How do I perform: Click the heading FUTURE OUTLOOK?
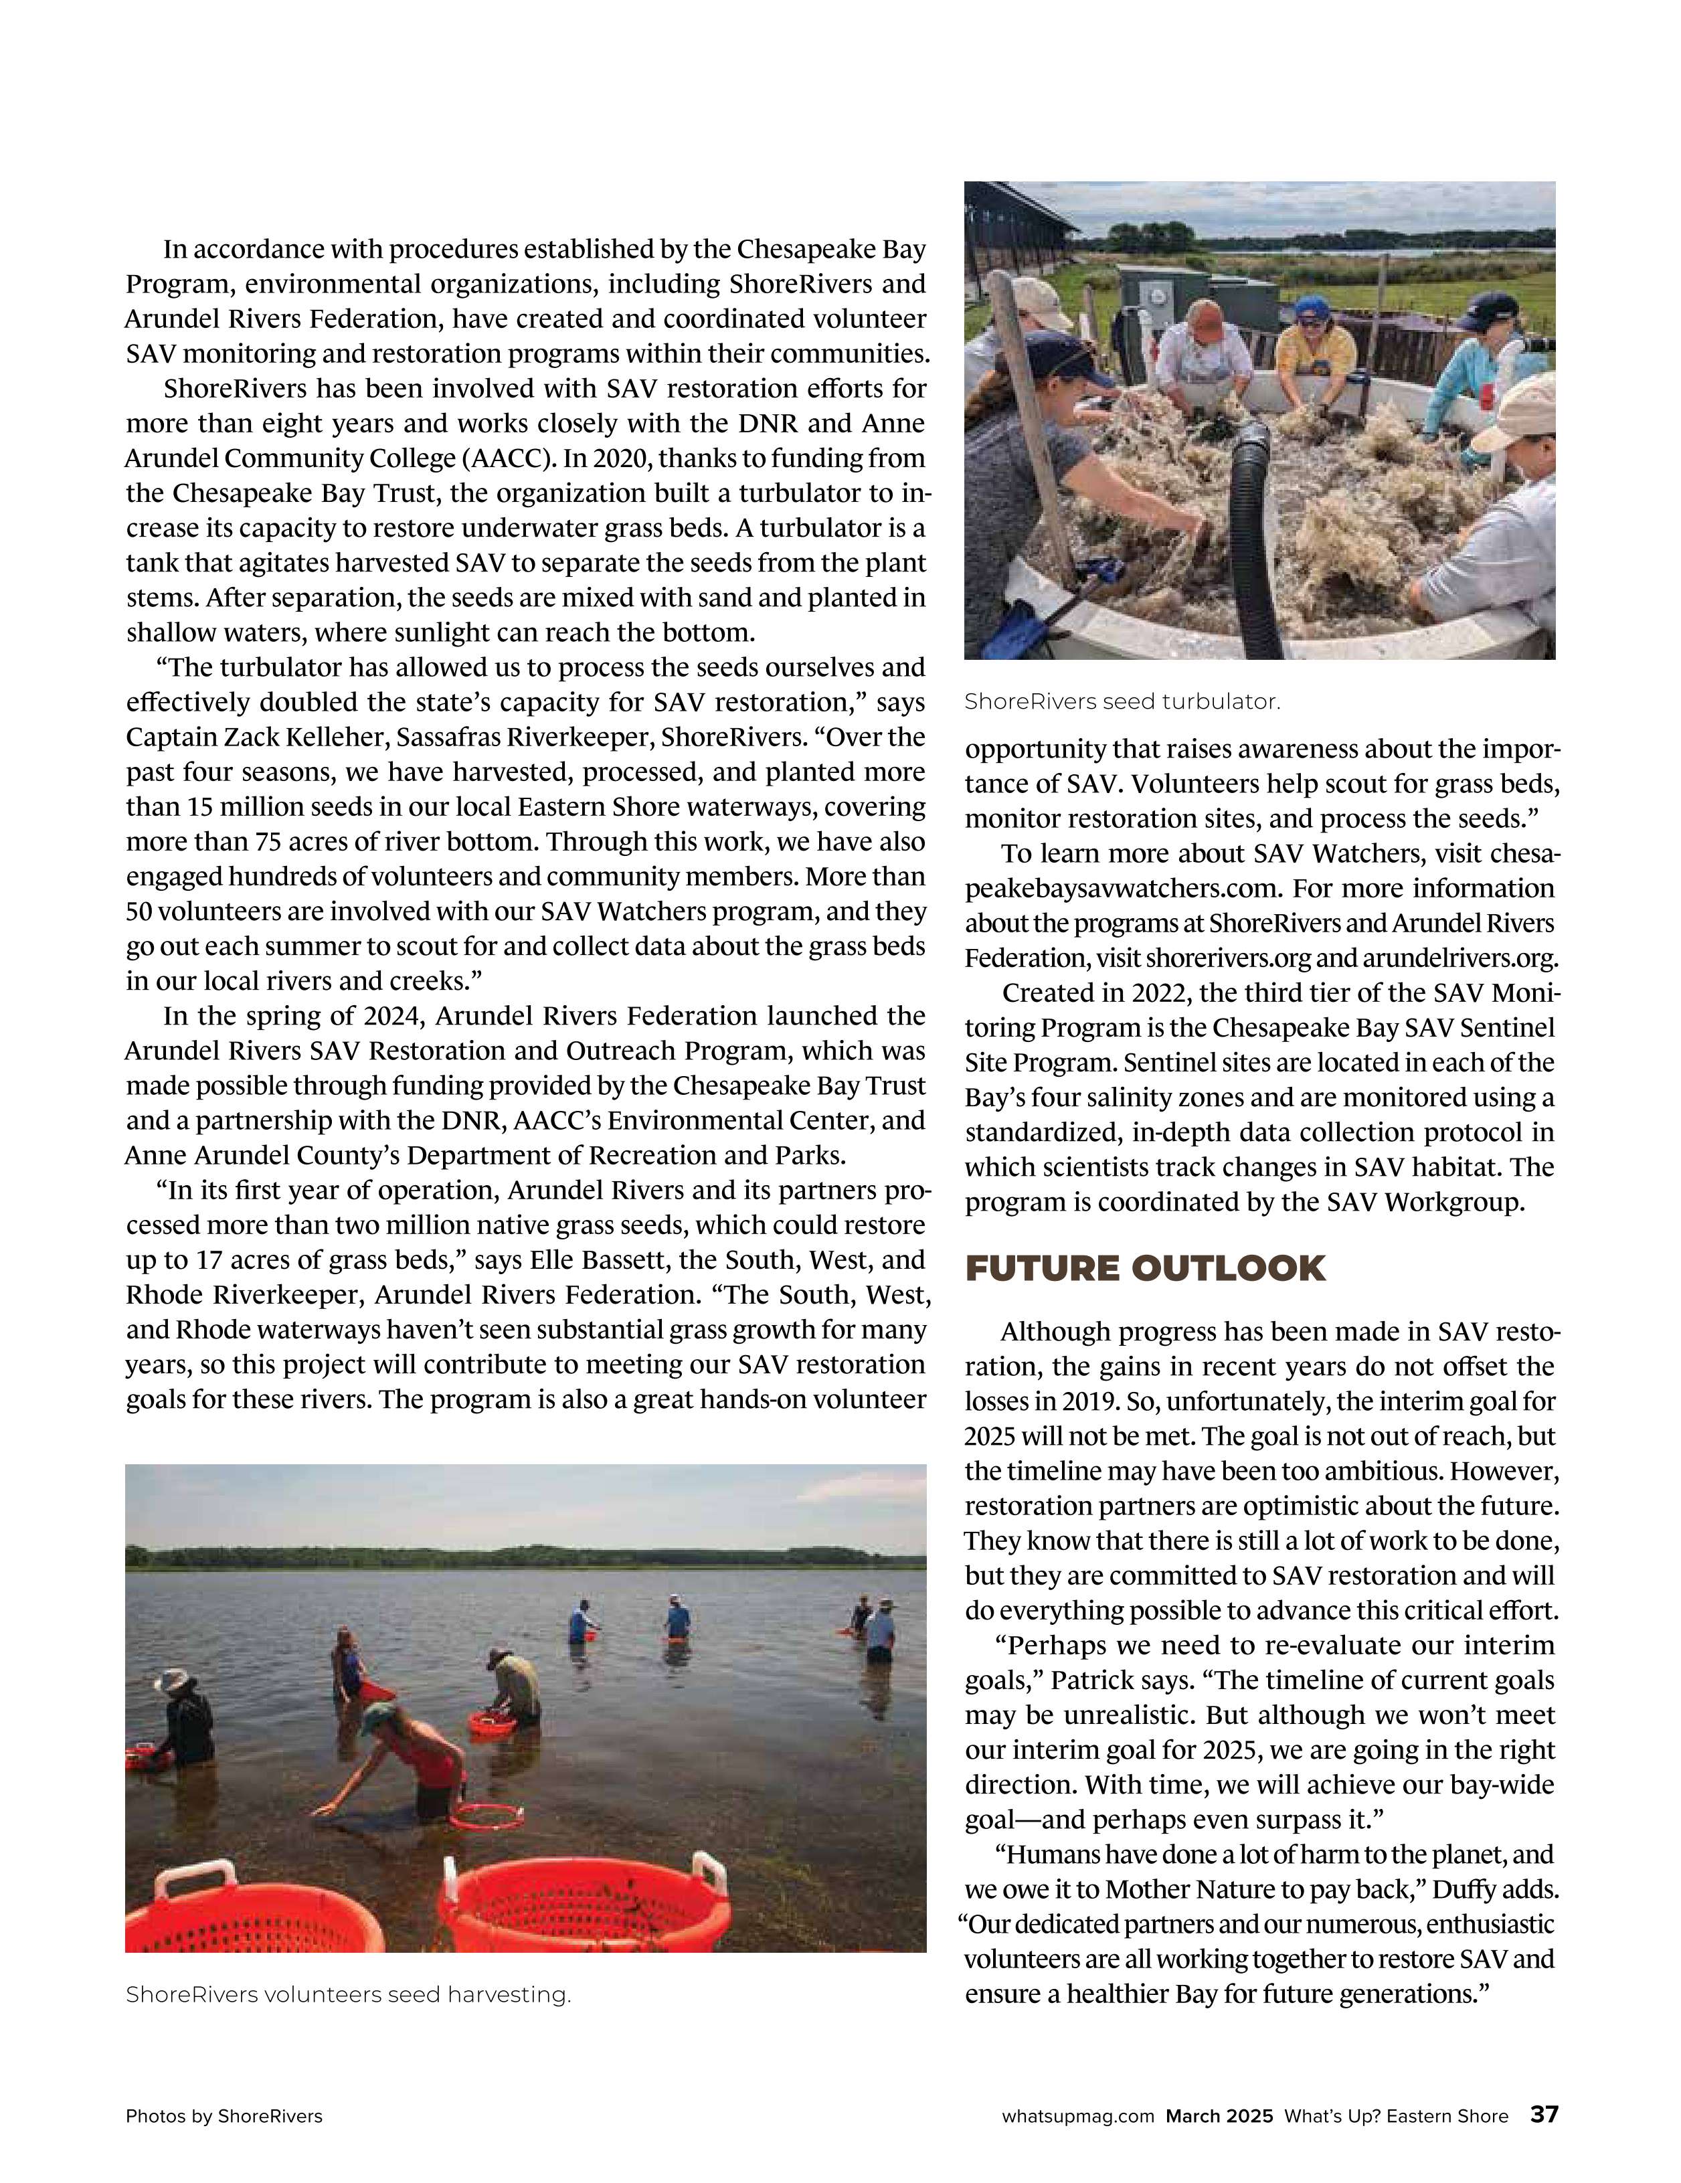(x=1144, y=1268)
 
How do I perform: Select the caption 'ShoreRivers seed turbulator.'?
(x=1122, y=701)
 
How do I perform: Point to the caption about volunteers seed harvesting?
(x=348, y=1994)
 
